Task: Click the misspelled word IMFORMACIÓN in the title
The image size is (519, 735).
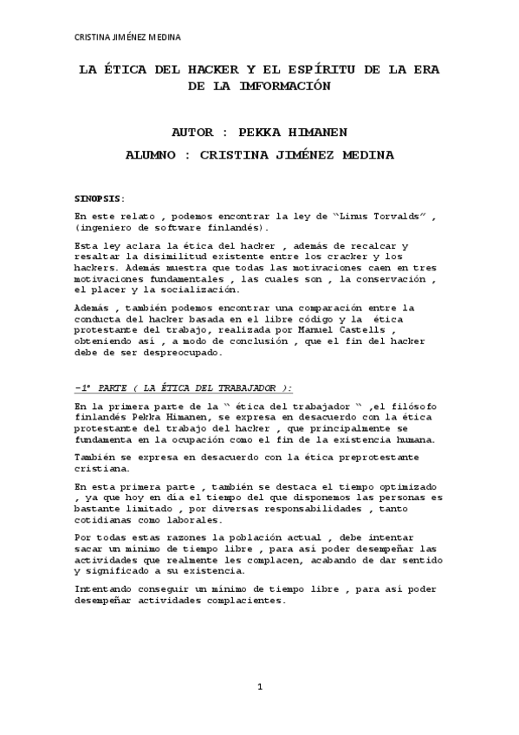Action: coord(279,87)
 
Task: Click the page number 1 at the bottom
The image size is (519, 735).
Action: coord(260,687)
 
